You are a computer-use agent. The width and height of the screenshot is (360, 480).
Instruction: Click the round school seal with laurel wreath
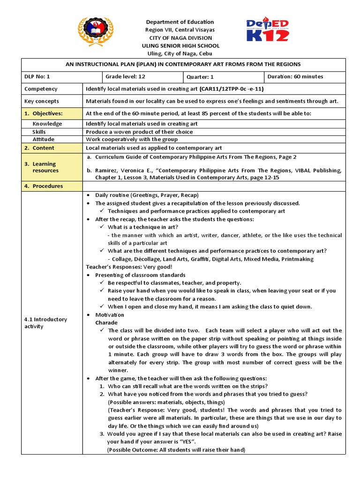click(96, 32)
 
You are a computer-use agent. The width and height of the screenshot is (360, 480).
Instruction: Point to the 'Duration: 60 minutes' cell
click(295, 77)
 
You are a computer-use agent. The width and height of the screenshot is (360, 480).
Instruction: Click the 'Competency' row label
click(41, 89)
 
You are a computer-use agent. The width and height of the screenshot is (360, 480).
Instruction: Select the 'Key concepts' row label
click(42, 101)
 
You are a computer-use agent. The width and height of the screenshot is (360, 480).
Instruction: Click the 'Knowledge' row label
click(47, 124)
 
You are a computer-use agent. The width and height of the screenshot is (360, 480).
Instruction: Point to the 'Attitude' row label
click(43, 140)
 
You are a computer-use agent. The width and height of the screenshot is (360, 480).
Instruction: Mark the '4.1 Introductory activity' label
click(45, 322)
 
